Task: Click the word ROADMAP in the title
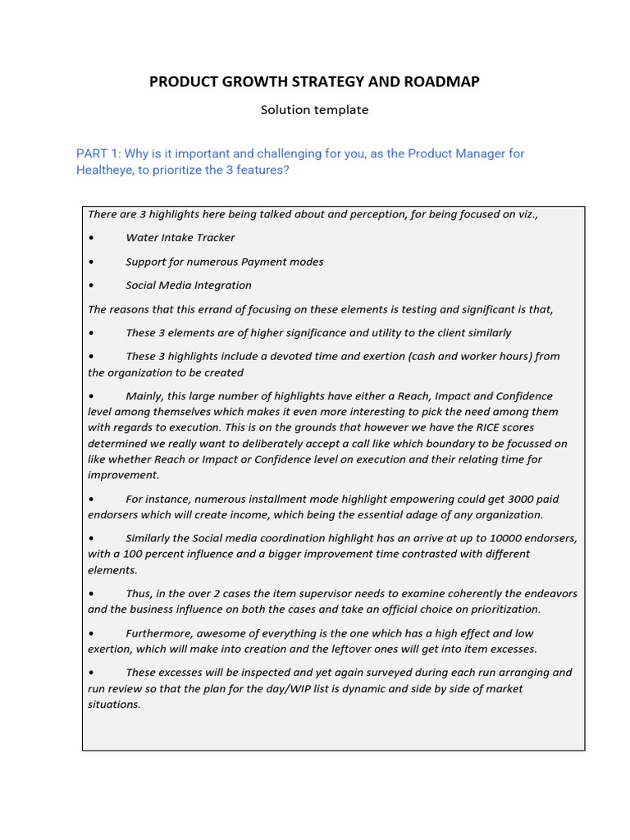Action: point(441,81)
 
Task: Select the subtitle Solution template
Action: point(314,110)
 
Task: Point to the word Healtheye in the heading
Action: point(104,170)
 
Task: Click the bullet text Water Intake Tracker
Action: point(180,238)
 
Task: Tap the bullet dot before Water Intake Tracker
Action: point(90,238)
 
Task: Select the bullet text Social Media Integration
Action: point(189,285)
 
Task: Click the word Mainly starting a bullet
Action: point(144,396)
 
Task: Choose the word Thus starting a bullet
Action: point(139,593)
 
